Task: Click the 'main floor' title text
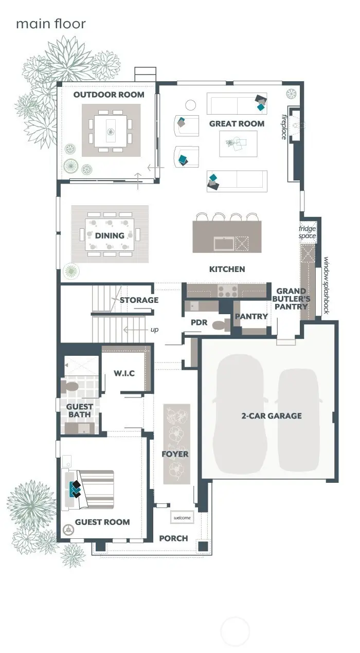(x=50, y=24)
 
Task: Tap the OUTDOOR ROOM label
(x=109, y=95)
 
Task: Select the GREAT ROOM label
(x=237, y=123)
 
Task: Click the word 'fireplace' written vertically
(x=284, y=126)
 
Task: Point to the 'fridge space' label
(x=308, y=232)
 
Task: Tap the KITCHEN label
(x=227, y=269)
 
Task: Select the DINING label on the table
(x=110, y=235)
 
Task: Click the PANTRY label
(x=251, y=316)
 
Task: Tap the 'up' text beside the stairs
(x=154, y=329)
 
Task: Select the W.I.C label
(x=124, y=373)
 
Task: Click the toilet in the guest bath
(x=69, y=386)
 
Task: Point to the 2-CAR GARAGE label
(x=272, y=415)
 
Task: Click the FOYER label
(x=175, y=454)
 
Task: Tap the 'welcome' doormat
(x=182, y=517)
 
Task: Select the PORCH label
(x=173, y=538)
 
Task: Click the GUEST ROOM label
(x=102, y=522)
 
